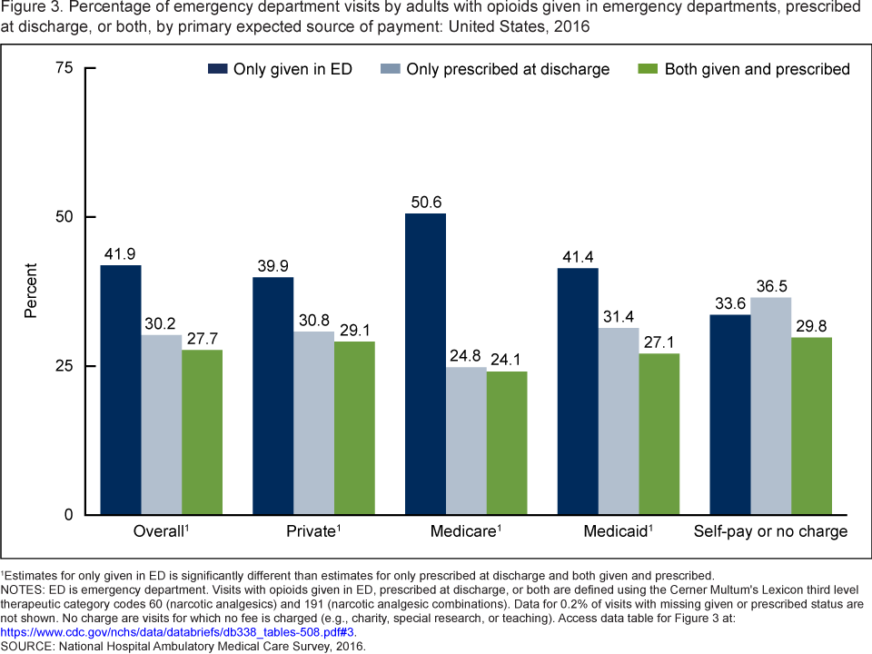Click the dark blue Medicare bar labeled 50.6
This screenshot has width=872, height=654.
tap(425, 363)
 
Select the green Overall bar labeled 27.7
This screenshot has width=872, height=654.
tap(202, 432)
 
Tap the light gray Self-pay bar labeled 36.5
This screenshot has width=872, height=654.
tap(770, 406)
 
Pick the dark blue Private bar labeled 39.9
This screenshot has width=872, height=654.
tap(272, 396)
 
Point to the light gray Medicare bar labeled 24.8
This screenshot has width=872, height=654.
tap(466, 441)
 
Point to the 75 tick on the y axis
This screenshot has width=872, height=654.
tap(63, 68)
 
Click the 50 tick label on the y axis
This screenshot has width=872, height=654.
tap(63, 217)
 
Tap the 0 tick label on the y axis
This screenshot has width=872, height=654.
tap(67, 515)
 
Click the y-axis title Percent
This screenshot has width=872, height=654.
tap(31, 291)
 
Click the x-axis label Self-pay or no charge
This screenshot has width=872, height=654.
tap(770, 531)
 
